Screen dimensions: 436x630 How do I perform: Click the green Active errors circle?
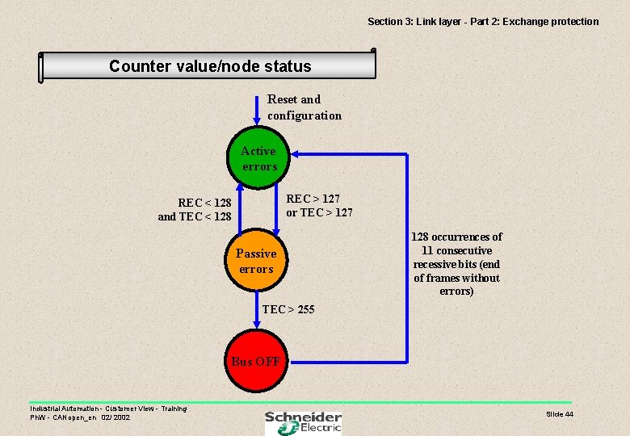coord(258,159)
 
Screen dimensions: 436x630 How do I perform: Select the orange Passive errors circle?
coord(257,261)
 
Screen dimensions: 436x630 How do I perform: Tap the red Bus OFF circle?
coord(256,361)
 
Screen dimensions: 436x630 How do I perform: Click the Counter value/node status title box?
coord(209,65)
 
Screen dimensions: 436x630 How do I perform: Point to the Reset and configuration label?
coord(304,107)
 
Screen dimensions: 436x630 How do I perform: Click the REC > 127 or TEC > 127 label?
coord(319,205)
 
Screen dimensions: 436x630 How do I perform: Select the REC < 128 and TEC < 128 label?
coord(195,209)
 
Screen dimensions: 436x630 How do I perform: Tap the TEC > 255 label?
coord(288,309)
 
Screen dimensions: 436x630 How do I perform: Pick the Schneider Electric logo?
coord(303,421)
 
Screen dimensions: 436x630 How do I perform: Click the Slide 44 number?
coord(559,414)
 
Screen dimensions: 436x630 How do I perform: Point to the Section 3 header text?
coord(483,21)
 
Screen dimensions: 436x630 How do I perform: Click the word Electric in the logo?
coord(317,428)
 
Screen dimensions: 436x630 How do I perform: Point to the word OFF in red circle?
coord(269,362)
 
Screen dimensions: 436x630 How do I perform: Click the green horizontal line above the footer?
coord(300,402)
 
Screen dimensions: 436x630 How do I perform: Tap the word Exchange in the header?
coord(524,21)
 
